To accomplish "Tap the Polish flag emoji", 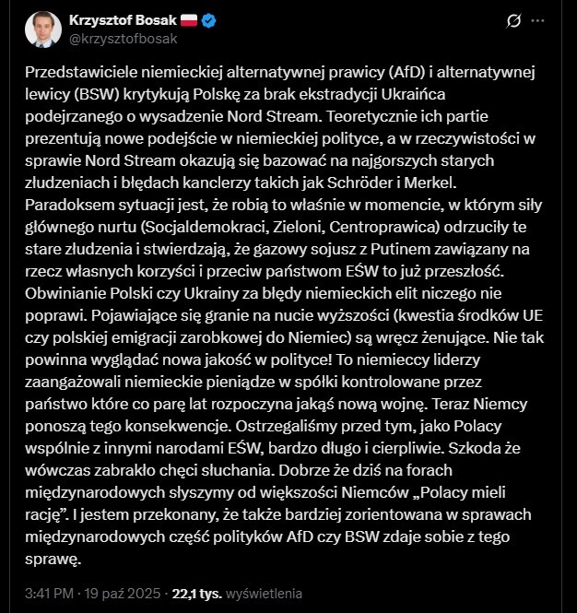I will click(188, 19).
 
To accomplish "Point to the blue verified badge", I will click(210, 19).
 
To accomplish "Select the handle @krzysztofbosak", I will click(118, 39).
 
